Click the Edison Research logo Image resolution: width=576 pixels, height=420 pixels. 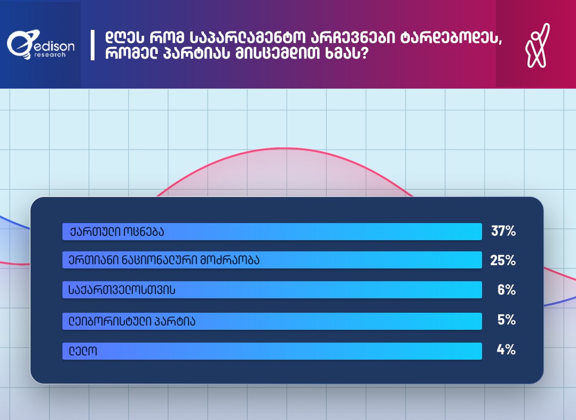click(41, 45)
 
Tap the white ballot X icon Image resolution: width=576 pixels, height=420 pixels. click(537, 45)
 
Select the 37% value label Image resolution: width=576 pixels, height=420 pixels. click(503, 231)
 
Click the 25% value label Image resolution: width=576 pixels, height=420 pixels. click(503, 260)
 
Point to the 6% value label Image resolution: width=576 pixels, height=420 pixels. click(507, 290)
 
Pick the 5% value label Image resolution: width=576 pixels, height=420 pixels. click(507, 320)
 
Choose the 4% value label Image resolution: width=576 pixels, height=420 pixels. click(506, 350)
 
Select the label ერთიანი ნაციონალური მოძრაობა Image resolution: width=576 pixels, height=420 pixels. click(164, 260)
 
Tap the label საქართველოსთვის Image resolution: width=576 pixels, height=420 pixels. click(122, 290)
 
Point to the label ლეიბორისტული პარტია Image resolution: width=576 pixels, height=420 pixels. click(132, 322)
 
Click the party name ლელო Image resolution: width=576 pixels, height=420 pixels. click(83, 351)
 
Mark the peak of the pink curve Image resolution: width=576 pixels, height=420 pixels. click(285, 148)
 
